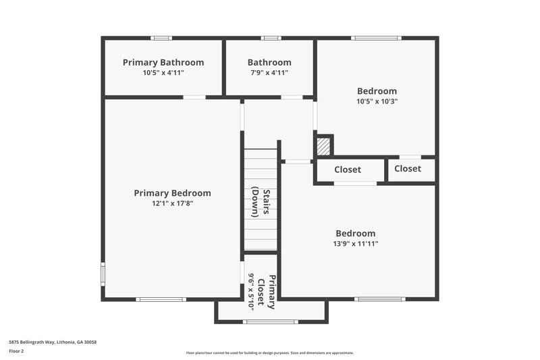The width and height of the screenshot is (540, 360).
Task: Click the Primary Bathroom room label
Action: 163,62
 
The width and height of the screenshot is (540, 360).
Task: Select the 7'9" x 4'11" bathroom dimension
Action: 269,73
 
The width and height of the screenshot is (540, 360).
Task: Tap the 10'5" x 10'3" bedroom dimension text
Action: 377,102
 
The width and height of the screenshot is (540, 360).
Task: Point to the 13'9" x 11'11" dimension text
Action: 356,244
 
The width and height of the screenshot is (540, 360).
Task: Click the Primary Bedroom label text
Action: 172,192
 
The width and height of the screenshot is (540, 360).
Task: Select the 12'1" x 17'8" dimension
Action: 172,203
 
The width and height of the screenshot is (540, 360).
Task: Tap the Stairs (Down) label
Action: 261,202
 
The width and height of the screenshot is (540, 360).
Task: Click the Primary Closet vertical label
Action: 269,292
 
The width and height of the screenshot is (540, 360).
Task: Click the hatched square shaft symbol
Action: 324,145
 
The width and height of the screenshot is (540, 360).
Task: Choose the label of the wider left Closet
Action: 347,170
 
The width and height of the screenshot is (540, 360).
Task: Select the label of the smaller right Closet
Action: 407,168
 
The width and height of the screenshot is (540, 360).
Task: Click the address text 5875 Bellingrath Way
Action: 52,342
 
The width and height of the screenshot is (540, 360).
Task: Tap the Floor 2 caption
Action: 16,351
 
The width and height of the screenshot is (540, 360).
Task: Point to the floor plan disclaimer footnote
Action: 269,353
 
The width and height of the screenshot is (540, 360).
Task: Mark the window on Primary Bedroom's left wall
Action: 103,274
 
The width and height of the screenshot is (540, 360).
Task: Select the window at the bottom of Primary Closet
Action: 270,322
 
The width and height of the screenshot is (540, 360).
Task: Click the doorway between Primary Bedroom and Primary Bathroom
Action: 194,97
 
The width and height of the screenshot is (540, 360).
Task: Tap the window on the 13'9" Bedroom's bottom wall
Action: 380,299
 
